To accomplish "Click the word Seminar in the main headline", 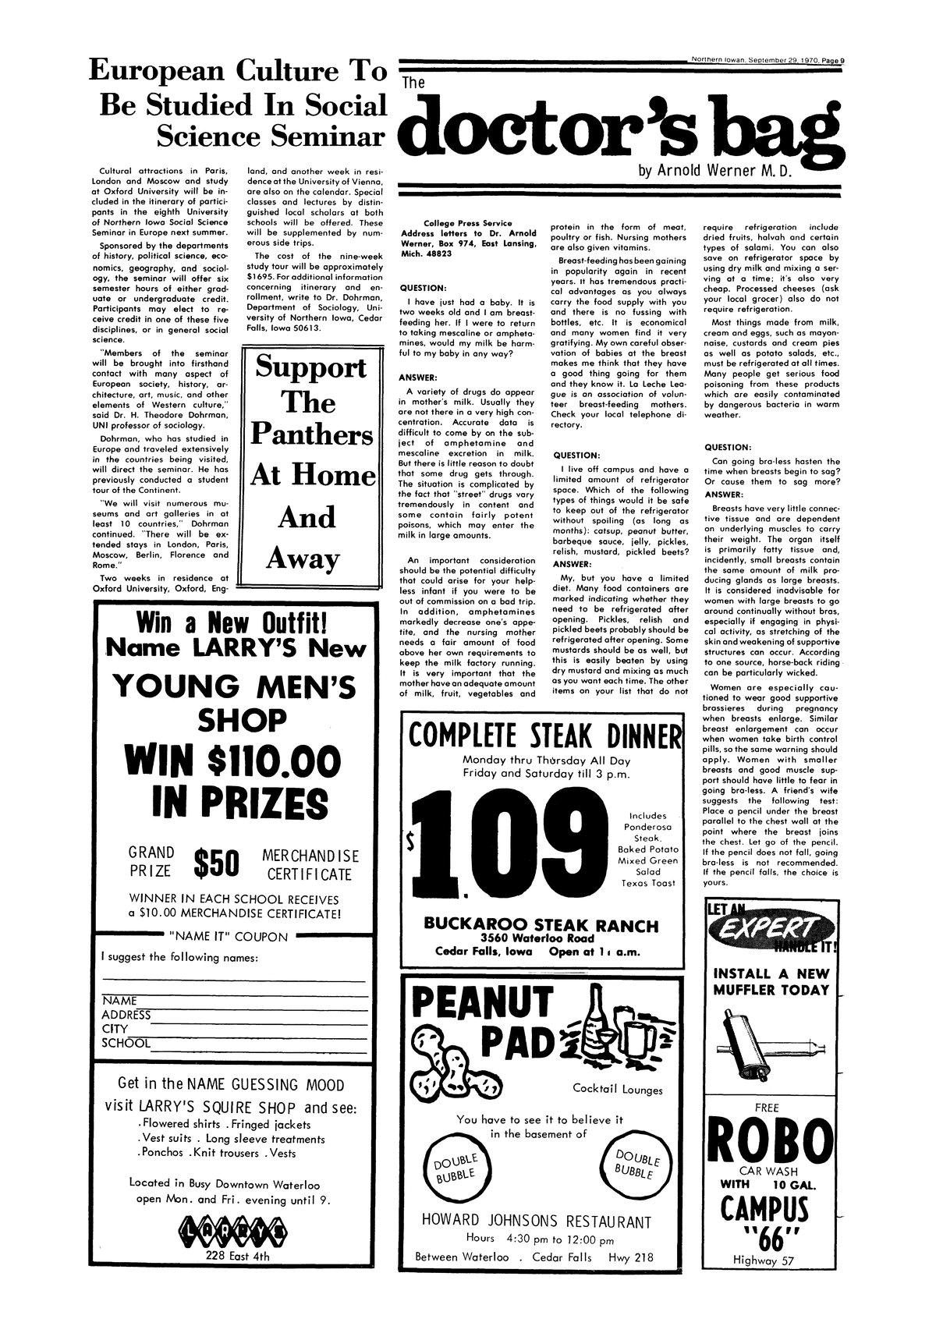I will coord(327,136).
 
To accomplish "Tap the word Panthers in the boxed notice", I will coord(311,435).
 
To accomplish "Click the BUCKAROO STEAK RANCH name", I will coord(541,926).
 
